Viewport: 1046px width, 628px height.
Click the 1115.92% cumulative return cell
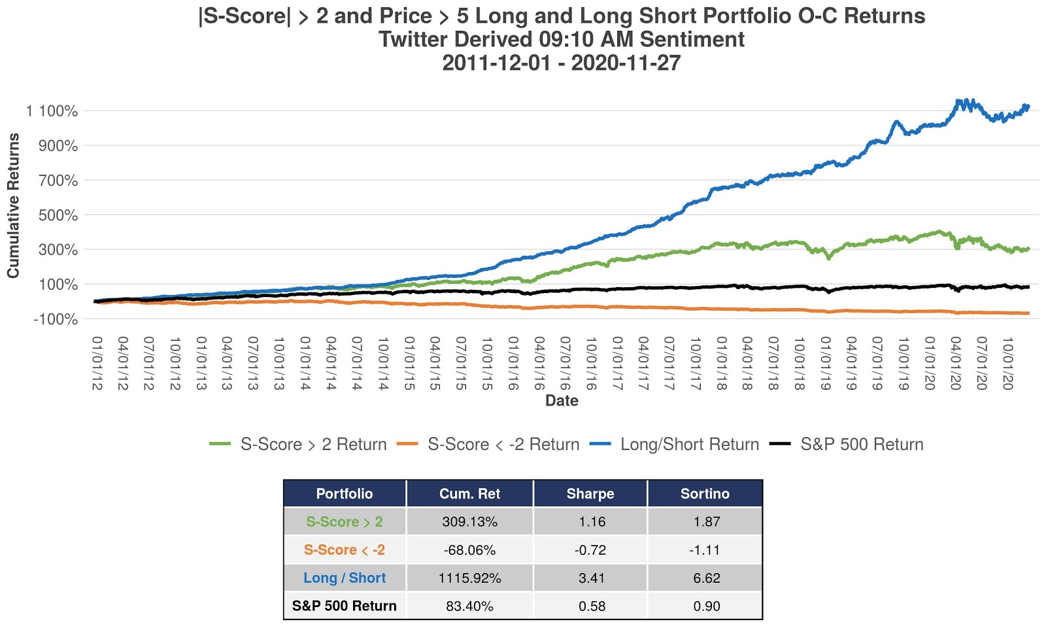[x=469, y=578]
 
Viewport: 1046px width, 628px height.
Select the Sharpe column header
[x=590, y=494]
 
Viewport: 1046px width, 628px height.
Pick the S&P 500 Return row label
[x=345, y=606]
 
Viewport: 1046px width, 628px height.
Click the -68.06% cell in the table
[x=469, y=550]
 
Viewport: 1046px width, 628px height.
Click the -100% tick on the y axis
[x=56, y=319]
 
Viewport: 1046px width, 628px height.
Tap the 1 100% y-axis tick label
[x=52, y=111]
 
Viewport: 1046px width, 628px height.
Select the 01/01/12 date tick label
[x=97, y=364]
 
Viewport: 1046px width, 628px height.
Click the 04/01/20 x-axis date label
[x=956, y=364]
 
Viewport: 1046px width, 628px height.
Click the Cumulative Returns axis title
[x=14, y=205]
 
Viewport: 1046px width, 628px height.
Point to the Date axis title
[x=562, y=400]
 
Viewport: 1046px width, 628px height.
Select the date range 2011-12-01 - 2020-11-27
[x=562, y=63]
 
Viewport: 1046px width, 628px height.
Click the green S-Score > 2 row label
[x=345, y=522]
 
